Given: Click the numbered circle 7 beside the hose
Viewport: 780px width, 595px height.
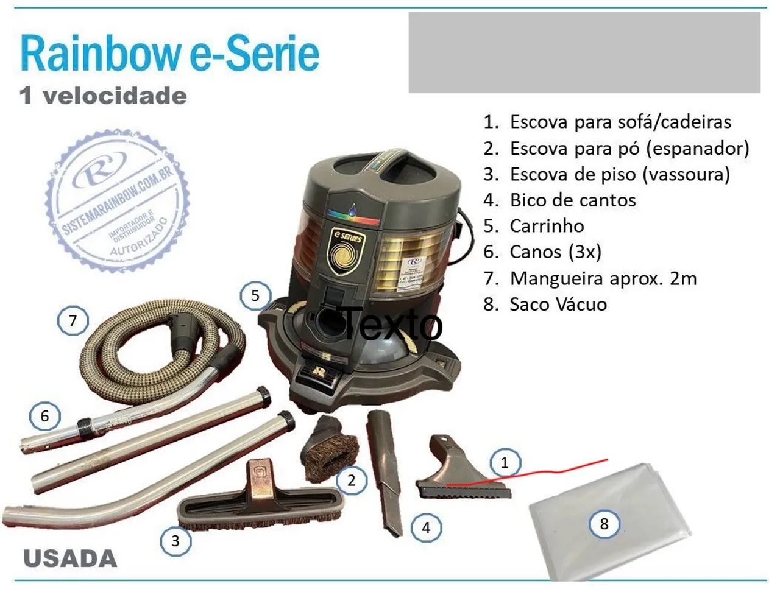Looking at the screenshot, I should point(73,320).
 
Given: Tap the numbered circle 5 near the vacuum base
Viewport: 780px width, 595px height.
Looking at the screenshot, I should point(255,296).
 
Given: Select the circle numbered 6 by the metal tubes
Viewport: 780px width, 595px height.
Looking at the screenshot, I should point(44,417).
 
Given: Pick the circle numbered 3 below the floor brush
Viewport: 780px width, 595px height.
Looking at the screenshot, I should point(175,540).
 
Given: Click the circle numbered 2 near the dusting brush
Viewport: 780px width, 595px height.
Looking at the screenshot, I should point(351,480).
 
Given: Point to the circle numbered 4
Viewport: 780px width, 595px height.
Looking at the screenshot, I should point(426,527).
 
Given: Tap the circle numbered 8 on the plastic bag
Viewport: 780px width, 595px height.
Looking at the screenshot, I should point(604,523).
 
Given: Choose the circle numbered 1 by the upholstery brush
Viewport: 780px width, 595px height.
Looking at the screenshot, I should point(504,463).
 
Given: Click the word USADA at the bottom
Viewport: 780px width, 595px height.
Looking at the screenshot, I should point(70,558).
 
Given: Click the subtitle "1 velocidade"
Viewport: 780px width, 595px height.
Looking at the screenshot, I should point(103,96).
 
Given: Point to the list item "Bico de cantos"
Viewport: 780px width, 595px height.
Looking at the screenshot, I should point(572,200).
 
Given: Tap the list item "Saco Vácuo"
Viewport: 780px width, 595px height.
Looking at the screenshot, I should point(558,304).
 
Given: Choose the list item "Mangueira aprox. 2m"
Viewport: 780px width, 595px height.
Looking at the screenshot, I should point(603,278).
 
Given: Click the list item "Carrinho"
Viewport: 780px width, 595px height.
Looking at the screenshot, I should point(547,226).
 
